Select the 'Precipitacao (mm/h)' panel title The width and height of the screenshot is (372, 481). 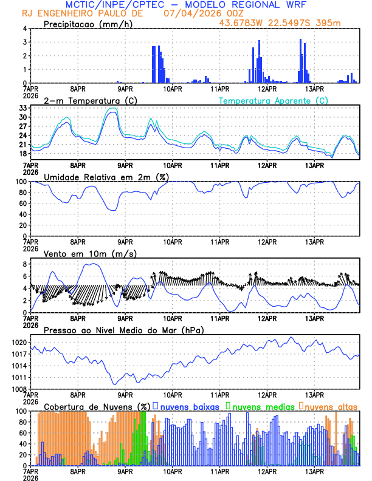click(84, 24)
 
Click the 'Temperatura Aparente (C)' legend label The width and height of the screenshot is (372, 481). click(273, 100)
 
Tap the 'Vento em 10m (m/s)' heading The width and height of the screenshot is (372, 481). click(81, 253)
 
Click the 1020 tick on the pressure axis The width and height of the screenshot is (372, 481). click(18, 343)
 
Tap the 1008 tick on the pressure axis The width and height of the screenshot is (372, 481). click(18, 389)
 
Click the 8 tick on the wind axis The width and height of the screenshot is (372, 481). click(24, 264)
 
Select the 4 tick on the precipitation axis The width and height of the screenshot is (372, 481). click(24, 29)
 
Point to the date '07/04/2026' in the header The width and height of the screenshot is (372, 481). click(188, 13)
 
